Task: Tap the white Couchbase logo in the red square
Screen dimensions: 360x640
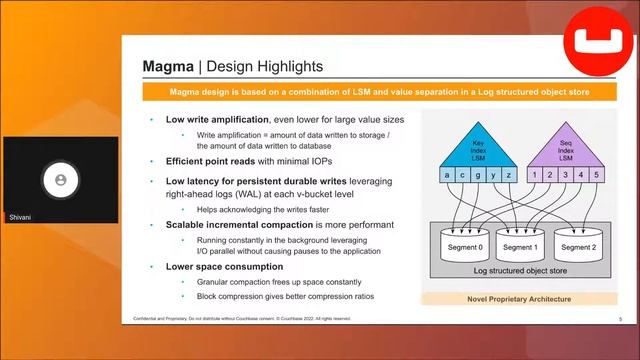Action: pyautogui.click(x=593, y=43)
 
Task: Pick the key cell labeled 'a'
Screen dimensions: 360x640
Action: pyautogui.click(x=448, y=175)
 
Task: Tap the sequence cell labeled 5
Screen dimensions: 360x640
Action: pyautogui.click(x=596, y=175)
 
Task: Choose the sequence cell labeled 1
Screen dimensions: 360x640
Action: pyautogui.click(x=536, y=175)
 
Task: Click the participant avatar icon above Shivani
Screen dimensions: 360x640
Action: pyautogui.click(x=61, y=179)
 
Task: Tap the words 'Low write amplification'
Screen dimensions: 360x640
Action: pyautogui.click(x=218, y=119)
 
